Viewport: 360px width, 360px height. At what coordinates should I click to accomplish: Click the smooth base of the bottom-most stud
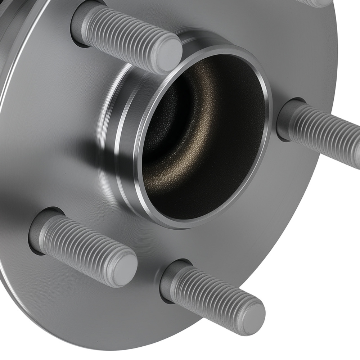(x=169, y=279)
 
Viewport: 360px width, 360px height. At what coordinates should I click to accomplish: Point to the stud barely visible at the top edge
(x=317, y=3)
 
